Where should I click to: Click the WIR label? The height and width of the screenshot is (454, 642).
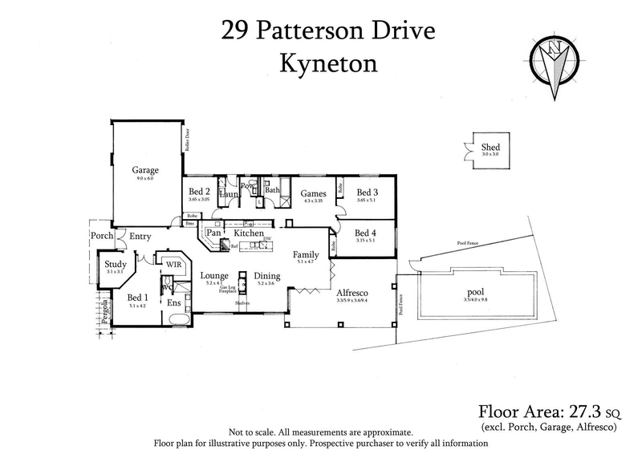tap(173, 262)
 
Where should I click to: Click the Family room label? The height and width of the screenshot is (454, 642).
tap(306, 253)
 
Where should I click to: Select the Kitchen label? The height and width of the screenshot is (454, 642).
tap(249, 233)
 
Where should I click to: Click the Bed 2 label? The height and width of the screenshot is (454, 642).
tap(199, 193)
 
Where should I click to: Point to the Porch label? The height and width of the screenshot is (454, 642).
tap(101, 236)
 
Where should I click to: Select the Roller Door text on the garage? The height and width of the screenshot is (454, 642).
tap(187, 140)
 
